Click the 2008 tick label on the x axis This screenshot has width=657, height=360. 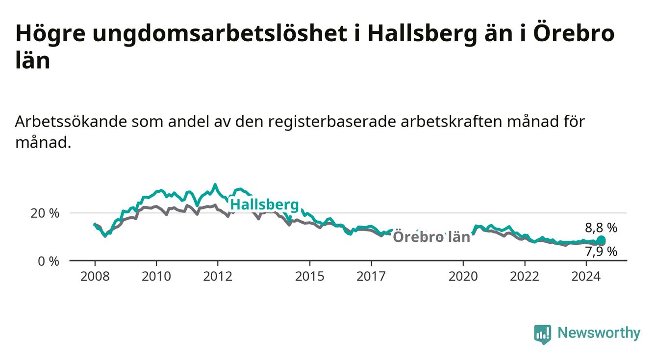click(x=95, y=277)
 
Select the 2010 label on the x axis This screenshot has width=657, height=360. click(x=156, y=277)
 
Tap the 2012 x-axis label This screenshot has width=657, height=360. click(x=218, y=277)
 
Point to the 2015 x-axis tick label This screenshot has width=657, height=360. click(x=310, y=277)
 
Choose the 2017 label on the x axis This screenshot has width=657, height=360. click(x=371, y=277)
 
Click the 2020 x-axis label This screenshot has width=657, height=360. click(x=463, y=277)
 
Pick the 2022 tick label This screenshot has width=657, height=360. click(x=525, y=277)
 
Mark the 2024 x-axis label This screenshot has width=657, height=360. click(x=586, y=277)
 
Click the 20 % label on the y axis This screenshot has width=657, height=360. click(x=45, y=213)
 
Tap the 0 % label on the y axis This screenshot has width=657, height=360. click(x=49, y=261)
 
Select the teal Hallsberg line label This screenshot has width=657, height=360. click(x=265, y=205)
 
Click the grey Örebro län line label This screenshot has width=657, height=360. click(x=431, y=236)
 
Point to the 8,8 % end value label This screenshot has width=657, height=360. click(x=601, y=228)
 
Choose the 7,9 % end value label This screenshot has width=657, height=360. click(x=601, y=252)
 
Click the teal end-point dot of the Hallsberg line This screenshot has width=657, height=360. click(x=601, y=239)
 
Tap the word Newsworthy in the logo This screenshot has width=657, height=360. click(x=599, y=333)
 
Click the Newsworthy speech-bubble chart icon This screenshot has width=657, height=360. click(x=543, y=334)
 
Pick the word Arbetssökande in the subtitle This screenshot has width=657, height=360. click(x=71, y=122)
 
